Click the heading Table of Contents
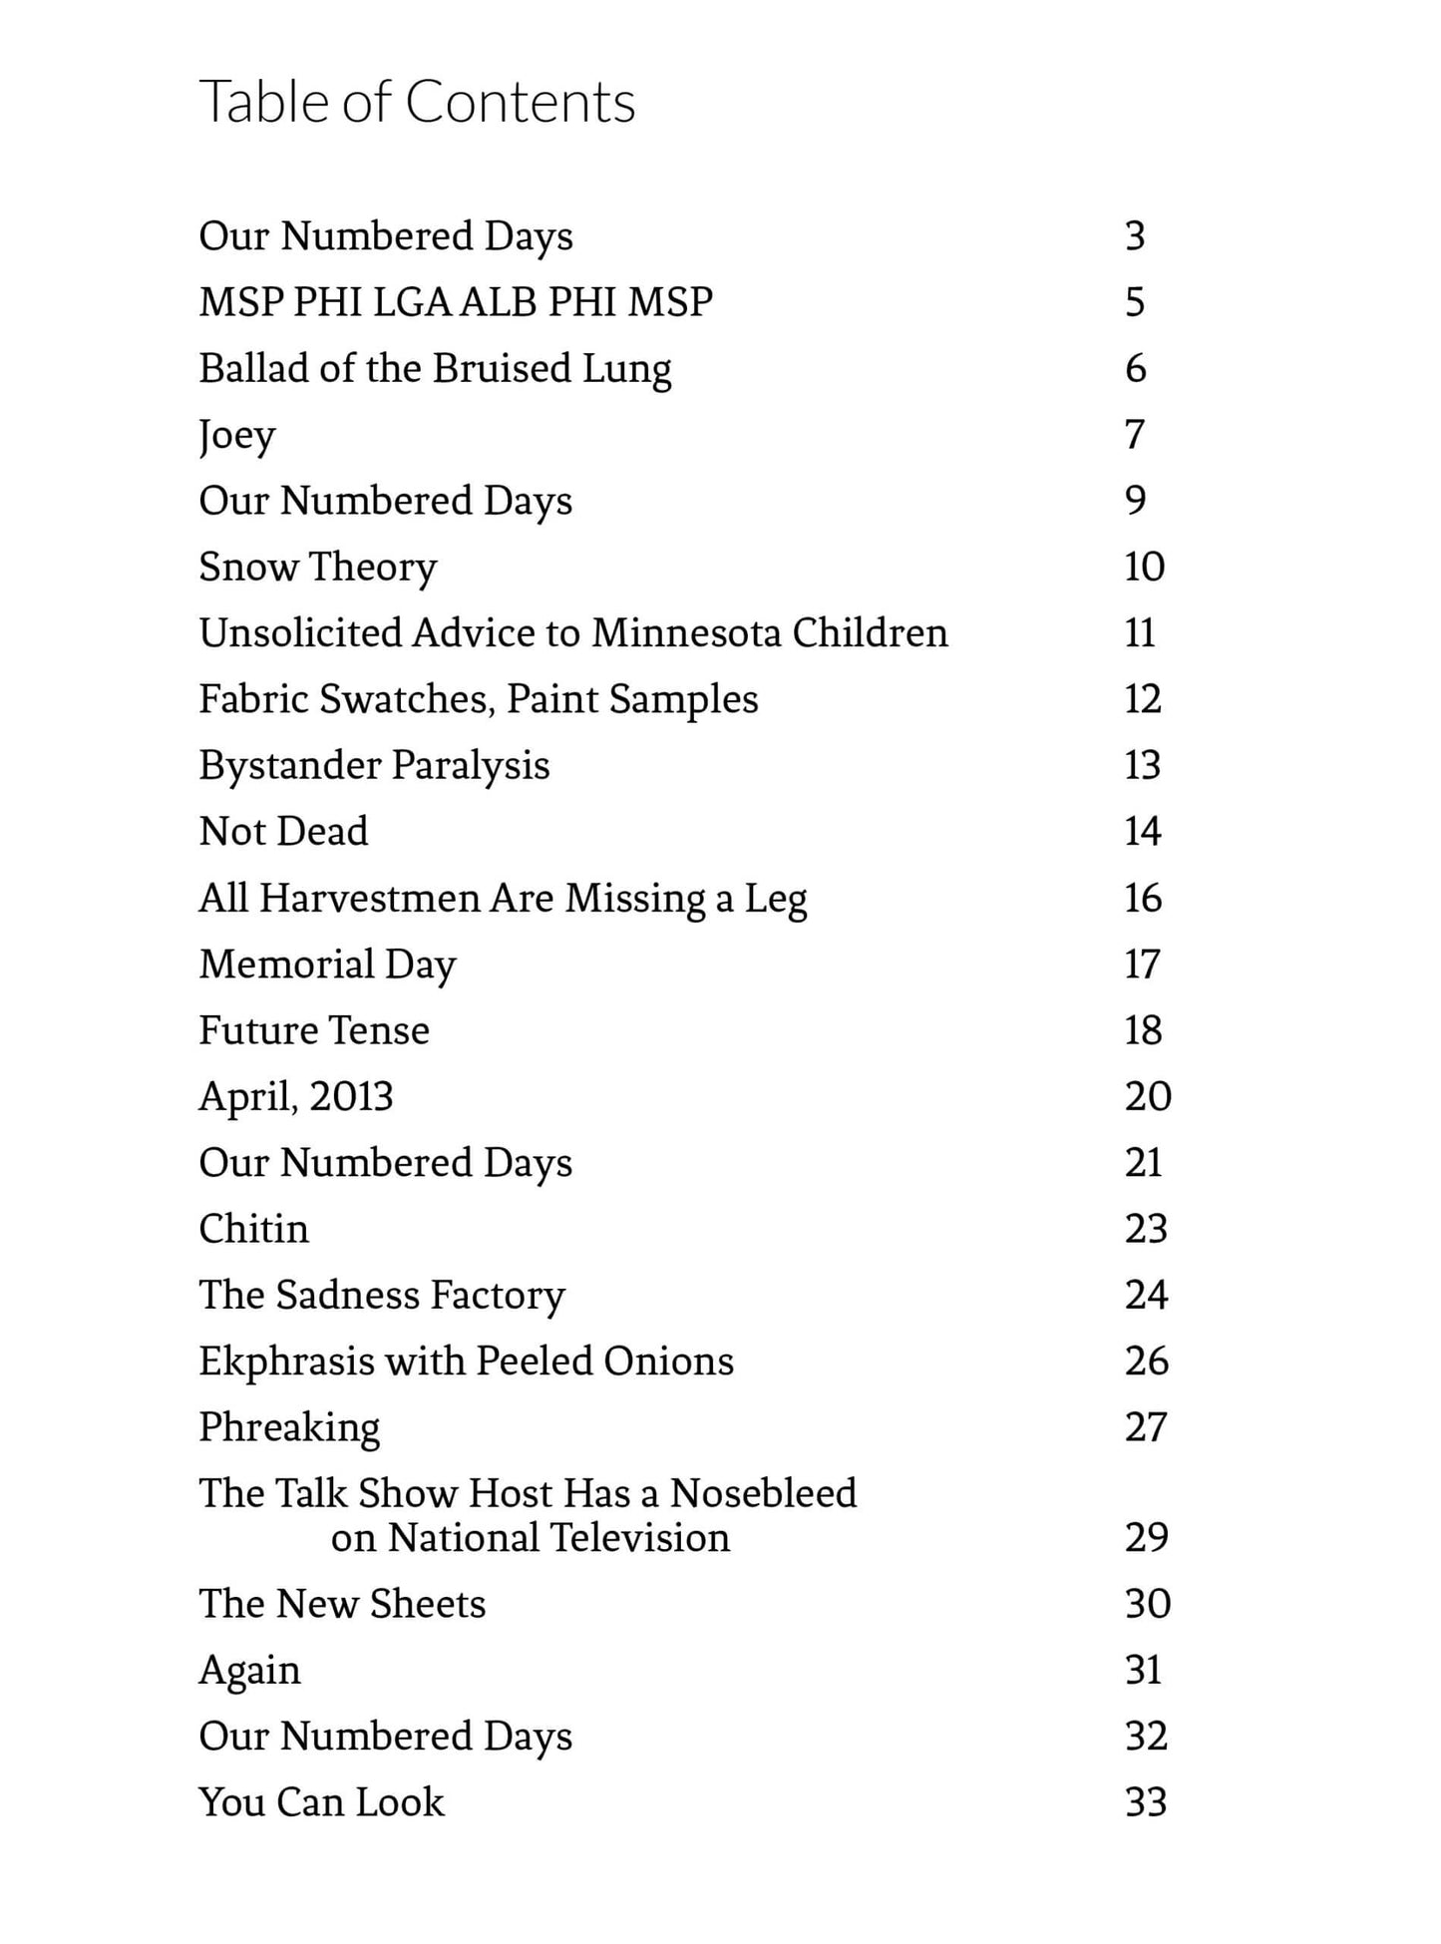coord(417,102)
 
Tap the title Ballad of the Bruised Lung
coord(435,368)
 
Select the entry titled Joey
coord(236,435)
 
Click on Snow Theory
coord(317,567)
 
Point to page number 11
coord(1139,632)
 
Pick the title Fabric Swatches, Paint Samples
coord(478,699)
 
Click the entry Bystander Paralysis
coord(374,765)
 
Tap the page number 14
coord(1142,831)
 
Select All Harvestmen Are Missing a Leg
coord(503,898)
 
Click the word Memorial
coord(287,964)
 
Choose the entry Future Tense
coord(314,1030)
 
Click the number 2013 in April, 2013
coord(351,1096)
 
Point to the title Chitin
coord(253,1229)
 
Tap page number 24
coord(1146,1295)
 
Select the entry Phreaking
coord(289,1427)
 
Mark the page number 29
coord(1146,1537)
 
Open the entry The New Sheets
coord(342,1604)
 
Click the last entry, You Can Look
coord(321,1802)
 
